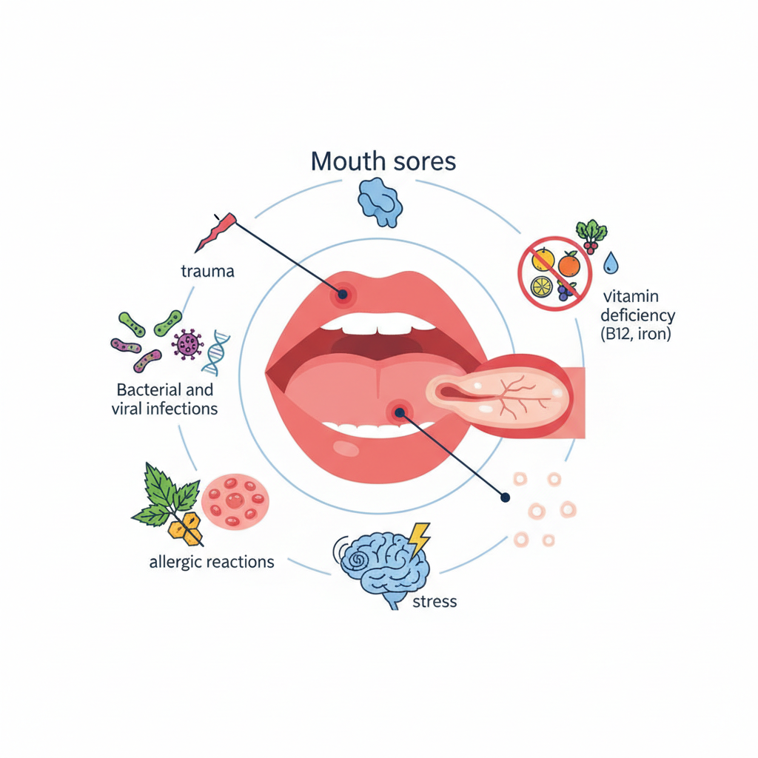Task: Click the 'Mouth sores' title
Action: coord(383,161)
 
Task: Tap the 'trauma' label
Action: coord(208,271)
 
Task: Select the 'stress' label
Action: coord(435,601)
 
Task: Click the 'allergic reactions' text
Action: coord(212,562)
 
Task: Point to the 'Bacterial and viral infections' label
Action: coord(165,399)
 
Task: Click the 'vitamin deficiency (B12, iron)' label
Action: coord(637,315)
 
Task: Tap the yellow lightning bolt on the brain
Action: coord(419,539)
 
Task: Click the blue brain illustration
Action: coord(382,568)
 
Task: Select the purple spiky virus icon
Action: coord(187,344)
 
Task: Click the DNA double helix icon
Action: coord(216,353)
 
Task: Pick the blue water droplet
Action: coord(611,263)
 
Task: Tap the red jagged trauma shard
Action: coord(215,232)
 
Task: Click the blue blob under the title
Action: coord(380,202)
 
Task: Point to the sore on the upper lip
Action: coord(342,293)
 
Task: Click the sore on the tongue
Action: coord(399,412)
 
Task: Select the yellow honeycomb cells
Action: coord(185,528)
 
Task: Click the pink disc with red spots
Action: coord(235,501)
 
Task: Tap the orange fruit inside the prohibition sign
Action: coord(569,264)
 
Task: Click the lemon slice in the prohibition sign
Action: coord(541,287)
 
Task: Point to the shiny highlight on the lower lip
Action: coord(346,448)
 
